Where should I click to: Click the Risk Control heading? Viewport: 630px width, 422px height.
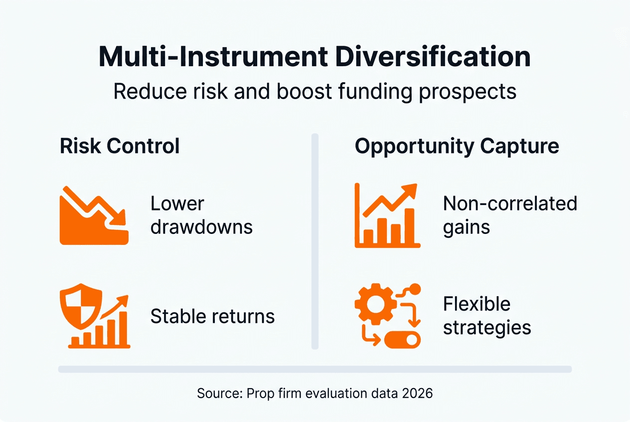pyautogui.click(x=120, y=146)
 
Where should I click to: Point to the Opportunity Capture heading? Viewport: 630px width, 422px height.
pyautogui.click(x=457, y=146)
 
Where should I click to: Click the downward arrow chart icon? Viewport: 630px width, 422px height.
pyautogui.click(x=94, y=215)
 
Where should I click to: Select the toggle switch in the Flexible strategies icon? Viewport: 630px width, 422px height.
pyautogui.click(x=403, y=340)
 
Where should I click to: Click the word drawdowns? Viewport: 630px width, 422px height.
pyautogui.click(x=201, y=227)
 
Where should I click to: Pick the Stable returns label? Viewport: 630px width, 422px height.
pyautogui.click(x=212, y=316)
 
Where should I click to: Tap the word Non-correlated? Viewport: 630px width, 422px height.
pyautogui.click(x=510, y=204)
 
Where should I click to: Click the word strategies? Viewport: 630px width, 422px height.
pyautogui.click(x=487, y=328)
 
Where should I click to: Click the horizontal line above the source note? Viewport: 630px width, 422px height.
pyautogui.click(x=315, y=369)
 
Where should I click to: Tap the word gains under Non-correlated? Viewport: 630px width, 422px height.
pyautogui.click(x=466, y=227)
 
